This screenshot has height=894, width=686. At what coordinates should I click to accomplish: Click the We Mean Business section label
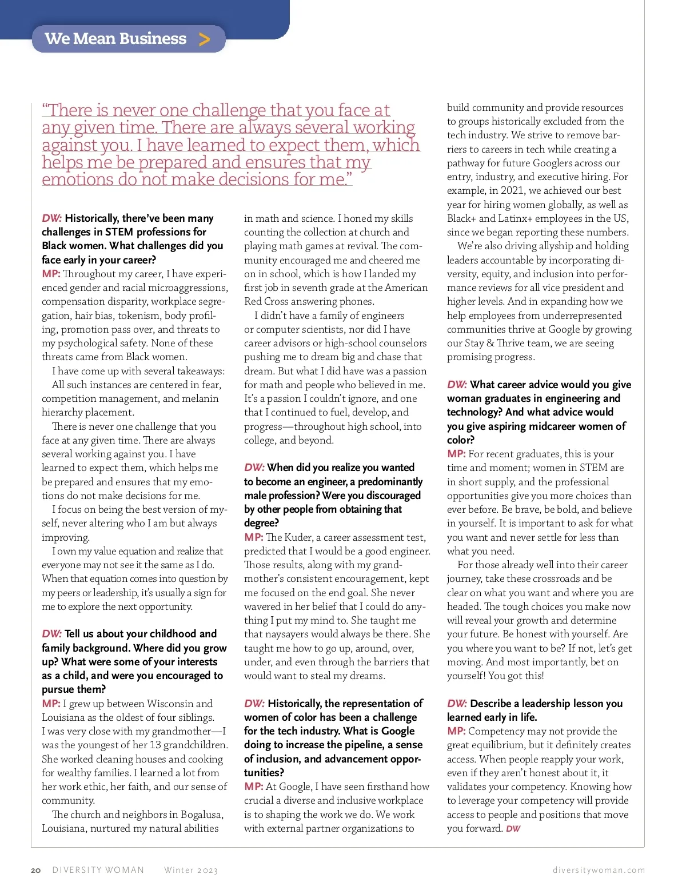click(x=115, y=39)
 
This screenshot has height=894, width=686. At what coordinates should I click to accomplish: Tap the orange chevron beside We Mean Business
click(x=204, y=39)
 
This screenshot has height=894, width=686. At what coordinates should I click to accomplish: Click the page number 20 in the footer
click(x=35, y=870)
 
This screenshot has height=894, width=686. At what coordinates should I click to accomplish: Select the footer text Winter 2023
click(x=191, y=870)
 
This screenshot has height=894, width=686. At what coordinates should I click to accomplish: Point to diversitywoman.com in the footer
click(x=599, y=870)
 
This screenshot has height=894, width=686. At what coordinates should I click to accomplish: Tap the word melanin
click(x=201, y=398)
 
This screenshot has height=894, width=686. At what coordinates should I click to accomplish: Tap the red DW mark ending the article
click(x=513, y=829)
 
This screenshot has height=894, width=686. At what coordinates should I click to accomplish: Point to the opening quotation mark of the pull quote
click(x=45, y=109)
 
